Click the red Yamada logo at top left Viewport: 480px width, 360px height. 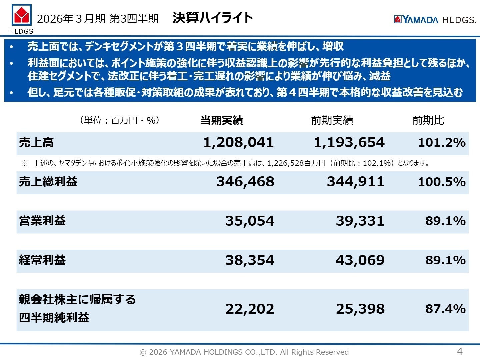22,15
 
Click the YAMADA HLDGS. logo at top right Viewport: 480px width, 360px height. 435,20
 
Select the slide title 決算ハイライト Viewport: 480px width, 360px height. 213,18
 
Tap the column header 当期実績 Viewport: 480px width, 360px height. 222,120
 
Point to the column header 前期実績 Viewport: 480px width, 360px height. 332,120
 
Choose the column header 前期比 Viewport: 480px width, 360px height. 428,120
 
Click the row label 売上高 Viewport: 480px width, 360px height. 36,143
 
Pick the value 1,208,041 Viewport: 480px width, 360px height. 239,143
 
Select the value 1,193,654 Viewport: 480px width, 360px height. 349,143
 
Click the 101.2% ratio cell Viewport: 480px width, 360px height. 442,143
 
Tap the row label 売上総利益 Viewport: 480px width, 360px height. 48,182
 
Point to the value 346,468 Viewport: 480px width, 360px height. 245,182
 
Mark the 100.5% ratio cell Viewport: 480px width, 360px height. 442,182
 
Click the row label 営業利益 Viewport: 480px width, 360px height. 42,221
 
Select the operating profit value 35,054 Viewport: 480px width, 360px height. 250,221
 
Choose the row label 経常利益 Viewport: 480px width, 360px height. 42,260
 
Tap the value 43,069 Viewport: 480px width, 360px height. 360,260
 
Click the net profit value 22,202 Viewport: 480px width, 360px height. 250,309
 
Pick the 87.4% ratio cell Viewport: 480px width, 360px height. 445,309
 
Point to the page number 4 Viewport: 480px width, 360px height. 460,351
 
